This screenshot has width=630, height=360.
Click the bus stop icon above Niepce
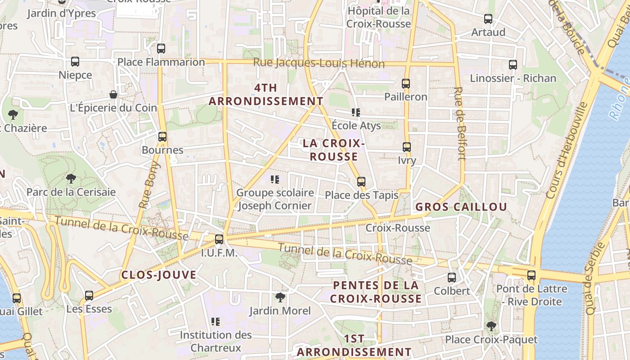tap(75, 62)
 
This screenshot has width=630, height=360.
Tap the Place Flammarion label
tap(161, 62)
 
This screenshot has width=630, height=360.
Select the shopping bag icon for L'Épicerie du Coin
tap(113, 94)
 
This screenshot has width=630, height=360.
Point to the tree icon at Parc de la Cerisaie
tap(71, 179)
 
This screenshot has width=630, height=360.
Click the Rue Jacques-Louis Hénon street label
tap(319, 63)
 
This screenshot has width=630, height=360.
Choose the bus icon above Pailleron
tap(406, 83)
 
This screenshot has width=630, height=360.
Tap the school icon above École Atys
tap(356, 112)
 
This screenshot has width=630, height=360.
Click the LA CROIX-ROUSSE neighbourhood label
tap(333, 150)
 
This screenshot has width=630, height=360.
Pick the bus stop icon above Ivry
tap(407, 147)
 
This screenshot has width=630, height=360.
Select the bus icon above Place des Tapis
tap(361, 182)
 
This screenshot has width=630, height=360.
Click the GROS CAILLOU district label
tap(461, 207)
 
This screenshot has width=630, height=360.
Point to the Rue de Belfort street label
tap(459, 123)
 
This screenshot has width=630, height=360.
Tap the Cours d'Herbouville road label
tap(567, 150)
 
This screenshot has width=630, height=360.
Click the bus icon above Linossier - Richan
tap(513, 65)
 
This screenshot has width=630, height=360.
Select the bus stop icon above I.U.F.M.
tap(219, 239)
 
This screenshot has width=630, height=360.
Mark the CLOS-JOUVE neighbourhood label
tap(158, 275)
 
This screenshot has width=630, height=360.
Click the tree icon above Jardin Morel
tap(280, 297)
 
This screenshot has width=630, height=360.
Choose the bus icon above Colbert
tap(452, 278)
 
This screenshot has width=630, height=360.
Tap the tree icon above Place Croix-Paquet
tap(491, 326)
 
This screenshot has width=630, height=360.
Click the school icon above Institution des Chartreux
tap(216, 322)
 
